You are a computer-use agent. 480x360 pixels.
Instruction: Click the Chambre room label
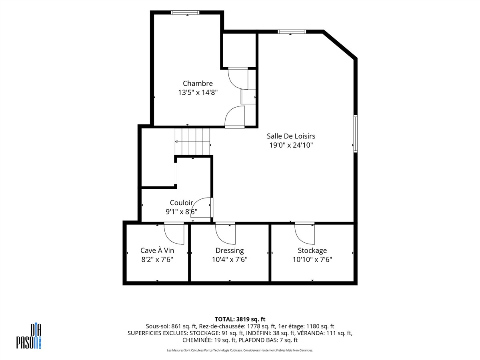[x=198, y=83]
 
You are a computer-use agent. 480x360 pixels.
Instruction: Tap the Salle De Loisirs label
[x=291, y=136]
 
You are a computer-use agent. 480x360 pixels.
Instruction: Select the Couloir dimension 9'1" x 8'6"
[x=182, y=212]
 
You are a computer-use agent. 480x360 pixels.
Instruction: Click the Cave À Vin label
[x=157, y=250]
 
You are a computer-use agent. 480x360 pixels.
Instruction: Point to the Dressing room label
[x=230, y=250]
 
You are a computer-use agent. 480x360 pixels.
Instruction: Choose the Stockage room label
[x=312, y=250]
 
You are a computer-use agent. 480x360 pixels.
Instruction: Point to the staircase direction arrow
[x=192, y=142]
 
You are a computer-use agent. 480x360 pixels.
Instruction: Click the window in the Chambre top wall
[x=185, y=12]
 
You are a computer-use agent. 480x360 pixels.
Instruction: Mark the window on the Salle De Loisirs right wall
[x=356, y=134]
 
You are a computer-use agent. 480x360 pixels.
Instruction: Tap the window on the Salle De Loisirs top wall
[x=292, y=32]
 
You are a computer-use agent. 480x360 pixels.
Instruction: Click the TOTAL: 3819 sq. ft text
[x=240, y=319]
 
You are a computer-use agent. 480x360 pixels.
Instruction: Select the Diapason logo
[x=29, y=336]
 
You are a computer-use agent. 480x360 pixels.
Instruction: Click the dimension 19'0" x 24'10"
[x=291, y=145]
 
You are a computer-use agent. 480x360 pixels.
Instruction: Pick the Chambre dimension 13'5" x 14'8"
[x=198, y=92]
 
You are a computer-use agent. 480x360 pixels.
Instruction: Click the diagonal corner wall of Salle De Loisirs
[x=340, y=44]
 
